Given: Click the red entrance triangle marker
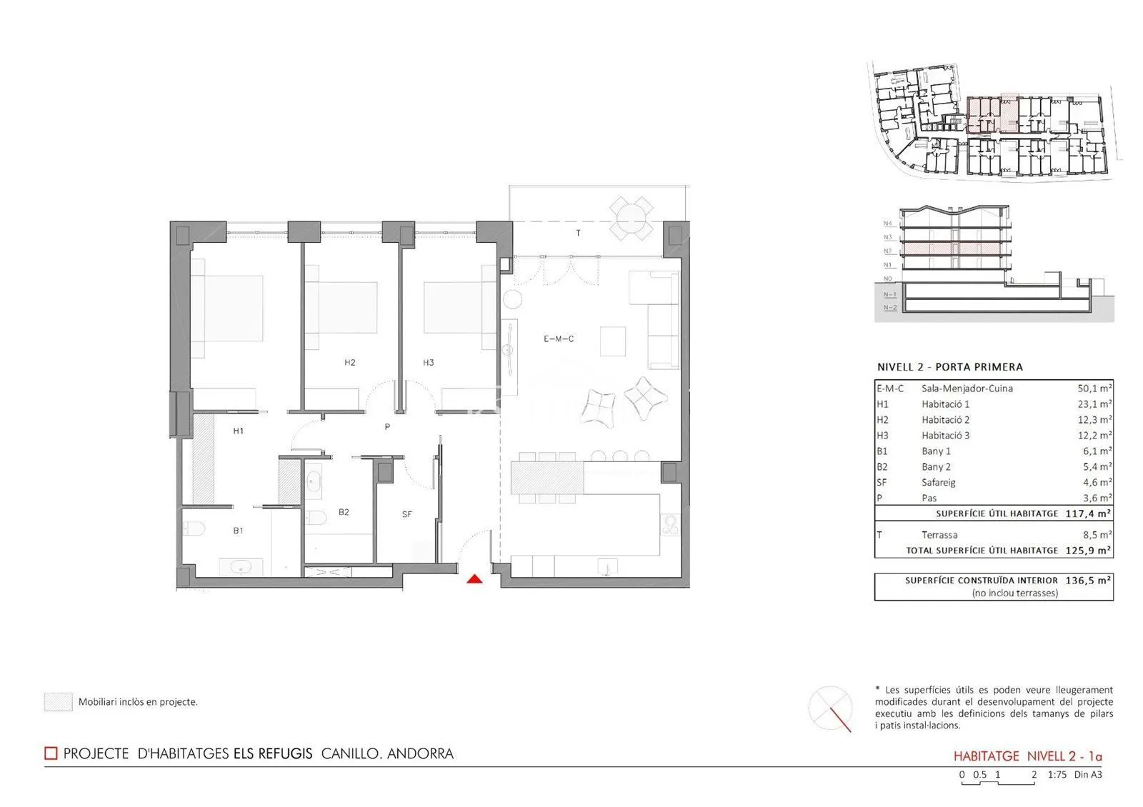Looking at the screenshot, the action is [x=474, y=579].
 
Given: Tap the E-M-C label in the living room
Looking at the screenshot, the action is [x=559, y=339].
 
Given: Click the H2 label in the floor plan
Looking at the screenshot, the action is [x=349, y=363].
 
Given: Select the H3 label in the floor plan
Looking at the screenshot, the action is [x=428, y=363].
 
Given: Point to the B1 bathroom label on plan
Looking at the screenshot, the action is [x=238, y=531].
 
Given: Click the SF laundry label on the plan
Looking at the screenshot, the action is [x=406, y=514].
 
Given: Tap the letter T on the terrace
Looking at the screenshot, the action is [x=578, y=233].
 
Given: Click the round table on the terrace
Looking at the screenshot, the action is [x=632, y=219].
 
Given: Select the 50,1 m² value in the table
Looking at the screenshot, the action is [x=1094, y=389].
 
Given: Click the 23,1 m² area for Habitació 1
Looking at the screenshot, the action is [x=1094, y=404].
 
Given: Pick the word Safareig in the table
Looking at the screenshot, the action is [x=939, y=483].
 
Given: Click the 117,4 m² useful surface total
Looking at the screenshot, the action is [x=1088, y=513].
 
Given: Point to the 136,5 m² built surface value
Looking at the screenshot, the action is [x=1088, y=581].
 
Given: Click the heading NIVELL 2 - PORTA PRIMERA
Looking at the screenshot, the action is [x=950, y=367].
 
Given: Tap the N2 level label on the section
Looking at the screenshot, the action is [x=888, y=251].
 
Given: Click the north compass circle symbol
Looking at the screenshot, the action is [x=830, y=708].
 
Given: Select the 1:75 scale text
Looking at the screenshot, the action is [x=1057, y=774].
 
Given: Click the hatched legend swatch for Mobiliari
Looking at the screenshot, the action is [x=58, y=702].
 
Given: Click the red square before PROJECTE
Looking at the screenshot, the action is [x=51, y=753].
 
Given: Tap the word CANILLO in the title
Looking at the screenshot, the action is [x=351, y=754].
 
